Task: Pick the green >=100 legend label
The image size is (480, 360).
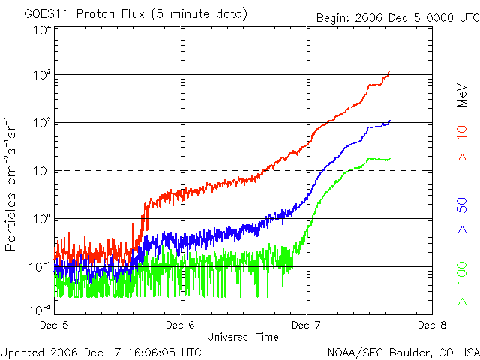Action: [x=463, y=283]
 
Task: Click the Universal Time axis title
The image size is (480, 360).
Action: [x=243, y=337]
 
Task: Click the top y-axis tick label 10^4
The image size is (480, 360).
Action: [x=41, y=29]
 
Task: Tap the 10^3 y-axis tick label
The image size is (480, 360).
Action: [x=41, y=75]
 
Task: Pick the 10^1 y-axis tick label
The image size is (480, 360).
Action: [x=41, y=170]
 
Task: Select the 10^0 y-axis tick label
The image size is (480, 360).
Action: [x=41, y=218]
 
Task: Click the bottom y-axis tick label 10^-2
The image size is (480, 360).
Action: [x=40, y=309]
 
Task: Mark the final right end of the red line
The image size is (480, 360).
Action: [x=390, y=71]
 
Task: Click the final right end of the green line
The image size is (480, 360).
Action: [x=389, y=159]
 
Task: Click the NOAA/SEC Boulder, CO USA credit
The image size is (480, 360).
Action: [x=403, y=352]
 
